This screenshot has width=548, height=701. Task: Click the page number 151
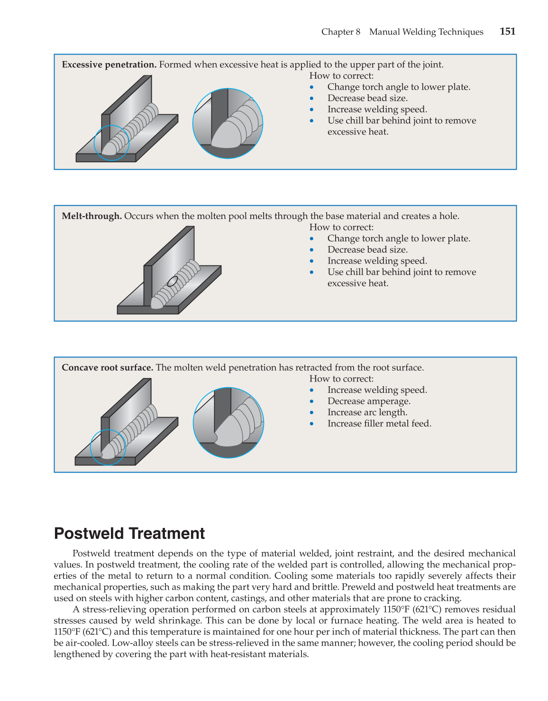507,32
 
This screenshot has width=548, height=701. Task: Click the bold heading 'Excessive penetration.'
109,65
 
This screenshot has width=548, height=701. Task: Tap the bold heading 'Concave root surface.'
108,368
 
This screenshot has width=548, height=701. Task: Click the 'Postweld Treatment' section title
129,534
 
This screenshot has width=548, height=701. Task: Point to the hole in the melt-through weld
173,281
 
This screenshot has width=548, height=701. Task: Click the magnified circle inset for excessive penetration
228,124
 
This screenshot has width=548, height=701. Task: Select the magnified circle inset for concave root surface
228,423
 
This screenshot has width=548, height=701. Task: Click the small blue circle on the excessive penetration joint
111,143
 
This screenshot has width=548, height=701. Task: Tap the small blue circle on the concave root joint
108,447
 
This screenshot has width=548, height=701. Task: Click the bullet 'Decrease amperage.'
369,401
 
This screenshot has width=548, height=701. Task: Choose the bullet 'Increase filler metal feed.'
379,424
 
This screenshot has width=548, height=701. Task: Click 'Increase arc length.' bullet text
367,412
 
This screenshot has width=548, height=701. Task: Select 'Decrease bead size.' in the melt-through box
367,250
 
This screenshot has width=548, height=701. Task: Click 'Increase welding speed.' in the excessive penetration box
377,109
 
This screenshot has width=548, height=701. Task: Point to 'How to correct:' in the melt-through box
341,228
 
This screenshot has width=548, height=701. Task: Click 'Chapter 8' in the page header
340,32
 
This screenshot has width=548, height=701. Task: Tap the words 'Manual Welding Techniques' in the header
426,32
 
